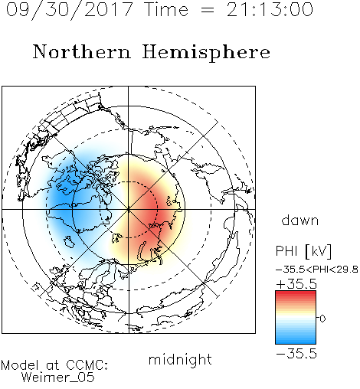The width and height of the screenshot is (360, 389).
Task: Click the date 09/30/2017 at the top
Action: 69,9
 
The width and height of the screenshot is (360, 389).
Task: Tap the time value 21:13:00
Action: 270,9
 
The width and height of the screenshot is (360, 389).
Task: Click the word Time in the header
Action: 166,9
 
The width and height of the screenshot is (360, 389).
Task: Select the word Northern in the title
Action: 82,51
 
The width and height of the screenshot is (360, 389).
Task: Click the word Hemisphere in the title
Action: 206,52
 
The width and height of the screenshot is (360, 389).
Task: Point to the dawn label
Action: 300,221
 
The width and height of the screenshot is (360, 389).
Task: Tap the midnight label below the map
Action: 180,360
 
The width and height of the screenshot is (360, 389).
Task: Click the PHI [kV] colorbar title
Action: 303,251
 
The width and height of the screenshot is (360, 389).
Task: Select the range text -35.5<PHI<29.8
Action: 317,270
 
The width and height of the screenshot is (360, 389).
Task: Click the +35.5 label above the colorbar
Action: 296,284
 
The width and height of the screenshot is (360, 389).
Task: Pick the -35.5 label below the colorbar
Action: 296,354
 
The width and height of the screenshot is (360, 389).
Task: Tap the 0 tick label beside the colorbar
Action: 322,319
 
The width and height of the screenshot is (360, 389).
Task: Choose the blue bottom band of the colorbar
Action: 296,340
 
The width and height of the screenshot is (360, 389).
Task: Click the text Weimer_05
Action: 57,378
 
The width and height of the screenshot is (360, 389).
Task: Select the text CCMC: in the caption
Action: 87,365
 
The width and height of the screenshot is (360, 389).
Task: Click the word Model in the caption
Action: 20,365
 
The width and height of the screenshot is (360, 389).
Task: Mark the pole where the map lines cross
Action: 129,209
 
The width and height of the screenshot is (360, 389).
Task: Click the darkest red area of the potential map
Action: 151,210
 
